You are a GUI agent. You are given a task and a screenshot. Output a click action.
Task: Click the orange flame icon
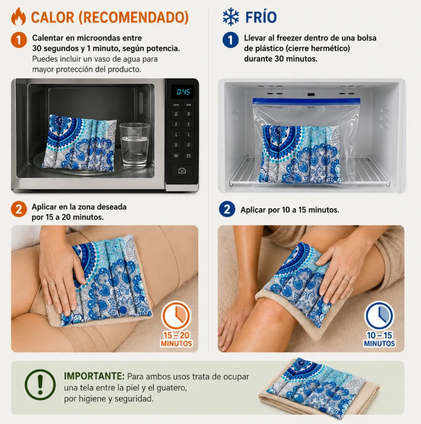tap(19, 17)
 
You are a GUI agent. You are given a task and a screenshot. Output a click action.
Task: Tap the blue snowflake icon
tap(231, 17)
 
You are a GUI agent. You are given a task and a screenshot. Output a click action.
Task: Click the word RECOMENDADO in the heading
tap(133, 18)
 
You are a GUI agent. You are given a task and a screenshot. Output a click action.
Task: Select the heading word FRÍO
tap(261, 18)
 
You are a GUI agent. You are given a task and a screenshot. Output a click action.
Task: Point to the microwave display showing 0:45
tap(183, 92)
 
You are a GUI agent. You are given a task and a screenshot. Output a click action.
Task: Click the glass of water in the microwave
tap(135, 145)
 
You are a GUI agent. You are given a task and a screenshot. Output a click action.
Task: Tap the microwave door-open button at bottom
tap(182, 170)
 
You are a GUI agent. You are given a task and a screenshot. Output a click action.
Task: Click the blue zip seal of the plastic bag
tap(306, 101)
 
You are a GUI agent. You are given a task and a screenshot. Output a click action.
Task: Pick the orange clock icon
tap(176, 315)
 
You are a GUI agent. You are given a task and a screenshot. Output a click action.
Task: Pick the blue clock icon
tap(379, 315)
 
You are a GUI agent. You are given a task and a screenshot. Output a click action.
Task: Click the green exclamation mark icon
tap(40, 384)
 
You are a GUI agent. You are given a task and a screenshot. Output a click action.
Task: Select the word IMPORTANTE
tap(94, 376)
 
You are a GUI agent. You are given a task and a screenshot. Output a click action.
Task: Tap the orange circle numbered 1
tap(19, 40)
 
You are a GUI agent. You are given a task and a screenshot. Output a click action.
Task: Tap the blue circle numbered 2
tap(227, 209)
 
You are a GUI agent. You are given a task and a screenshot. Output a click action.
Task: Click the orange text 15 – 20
tap(176, 335)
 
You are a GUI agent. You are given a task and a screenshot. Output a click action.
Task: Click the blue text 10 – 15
tap(379, 335)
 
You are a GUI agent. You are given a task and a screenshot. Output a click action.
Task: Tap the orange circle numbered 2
tap(19, 209)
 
